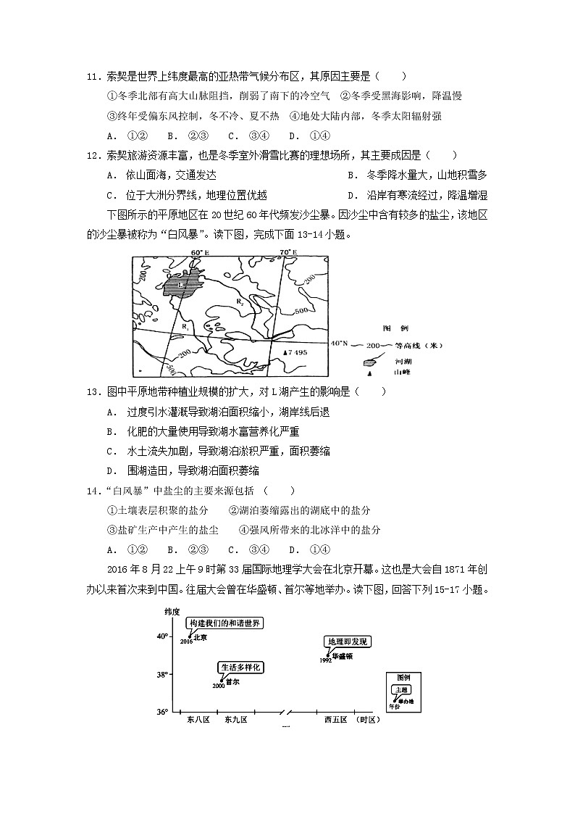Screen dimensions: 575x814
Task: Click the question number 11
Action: (x=92, y=76)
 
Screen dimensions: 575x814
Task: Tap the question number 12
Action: (x=92, y=154)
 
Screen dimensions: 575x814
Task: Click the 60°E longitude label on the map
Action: (x=199, y=252)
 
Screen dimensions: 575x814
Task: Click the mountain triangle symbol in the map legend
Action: (x=370, y=373)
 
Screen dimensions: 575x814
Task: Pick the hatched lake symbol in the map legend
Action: (x=370, y=360)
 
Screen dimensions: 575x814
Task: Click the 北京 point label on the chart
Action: (x=201, y=638)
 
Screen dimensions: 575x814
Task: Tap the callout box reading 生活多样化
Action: (x=240, y=668)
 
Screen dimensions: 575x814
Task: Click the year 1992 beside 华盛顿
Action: (x=325, y=660)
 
